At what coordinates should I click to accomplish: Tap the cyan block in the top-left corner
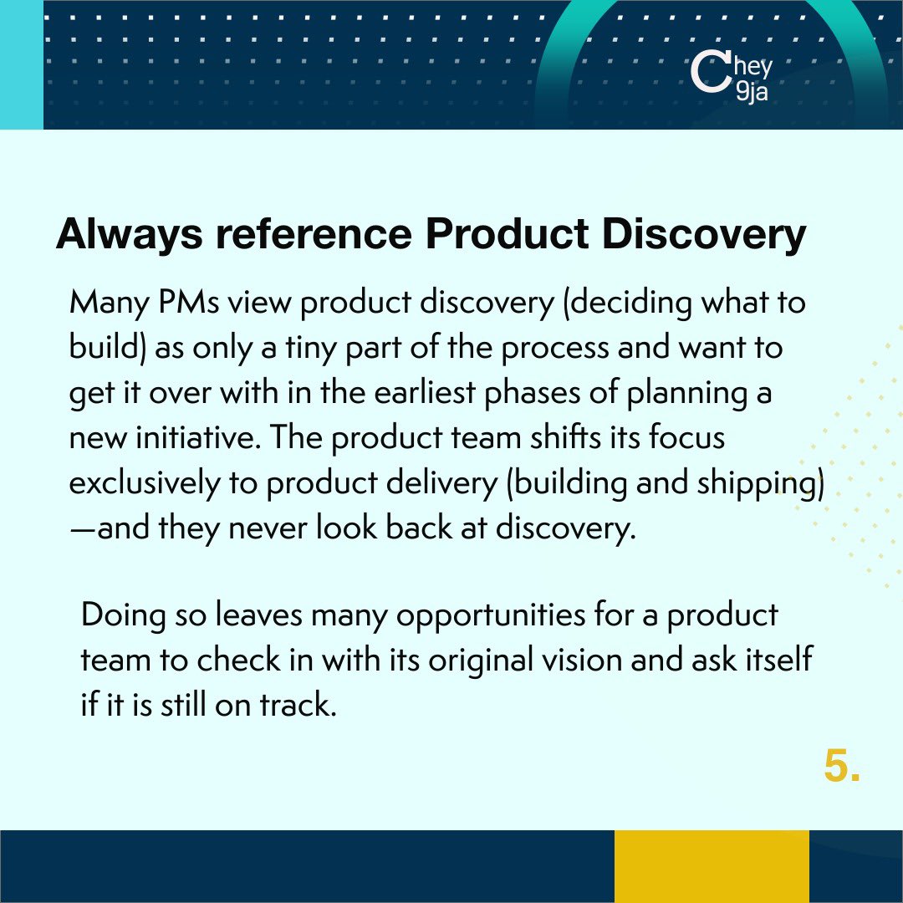point(21,64)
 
